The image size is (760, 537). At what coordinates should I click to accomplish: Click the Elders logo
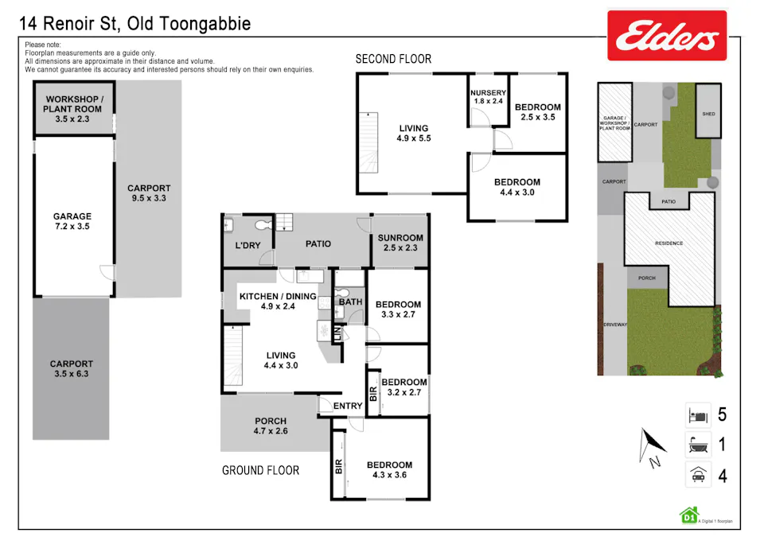pyautogui.click(x=667, y=36)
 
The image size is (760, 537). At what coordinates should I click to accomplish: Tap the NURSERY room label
pyautogui.click(x=489, y=97)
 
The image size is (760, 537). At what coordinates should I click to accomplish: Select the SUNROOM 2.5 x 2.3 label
pyautogui.click(x=400, y=243)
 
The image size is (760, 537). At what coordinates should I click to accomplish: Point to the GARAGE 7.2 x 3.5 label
pyautogui.click(x=72, y=221)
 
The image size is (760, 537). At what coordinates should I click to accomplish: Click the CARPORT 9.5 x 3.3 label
pyautogui.click(x=149, y=193)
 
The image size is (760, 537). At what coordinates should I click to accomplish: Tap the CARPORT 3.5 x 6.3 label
pyautogui.click(x=72, y=369)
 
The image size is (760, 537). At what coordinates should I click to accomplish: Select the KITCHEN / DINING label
pyautogui.click(x=278, y=301)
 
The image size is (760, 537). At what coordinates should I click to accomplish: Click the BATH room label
pyautogui.click(x=350, y=302)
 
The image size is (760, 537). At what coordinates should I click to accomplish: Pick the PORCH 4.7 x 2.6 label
pyautogui.click(x=271, y=426)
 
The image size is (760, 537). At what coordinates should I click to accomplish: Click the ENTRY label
pyautogui.click(x=348, y=406)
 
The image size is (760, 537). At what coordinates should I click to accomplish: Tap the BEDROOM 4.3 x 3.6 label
pyautogui.click(x=389, y=469)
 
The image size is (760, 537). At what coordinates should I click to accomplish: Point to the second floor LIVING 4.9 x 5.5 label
pyautogui.click(x=413, y=133)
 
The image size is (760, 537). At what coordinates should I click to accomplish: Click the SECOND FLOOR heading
pyautogui.click(x=393, y=59)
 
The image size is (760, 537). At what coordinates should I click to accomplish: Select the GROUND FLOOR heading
pyautogui.click(x=260, y=470)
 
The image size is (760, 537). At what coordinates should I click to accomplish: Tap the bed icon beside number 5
pyautogui.click(x=697, y=414)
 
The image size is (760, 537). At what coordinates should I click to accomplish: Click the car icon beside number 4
pyautogui.click(x=697, y=476)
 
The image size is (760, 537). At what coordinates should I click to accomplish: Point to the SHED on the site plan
pyautogui.click(x=707, y=114)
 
